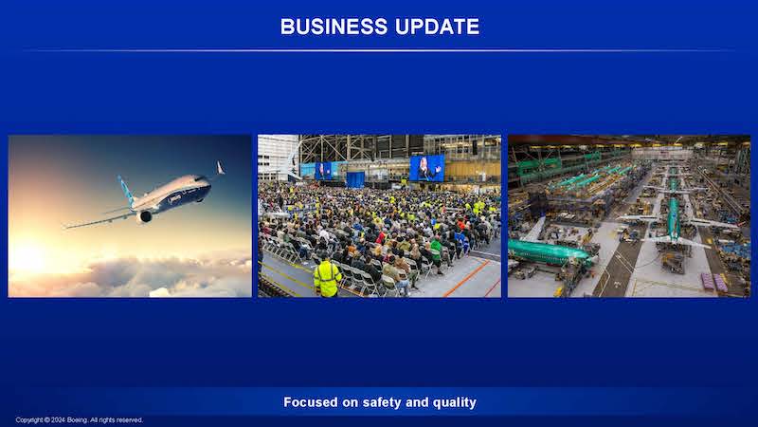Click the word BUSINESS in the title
(334, 27)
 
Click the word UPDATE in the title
(438, 27)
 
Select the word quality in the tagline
(455, 402)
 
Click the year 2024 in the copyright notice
(58, 419)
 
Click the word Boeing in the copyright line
(78, 419)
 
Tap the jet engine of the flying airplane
(145, 216)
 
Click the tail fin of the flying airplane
(126, 189)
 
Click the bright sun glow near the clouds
(30, 257)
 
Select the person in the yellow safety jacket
(327, 276)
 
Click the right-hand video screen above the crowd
(427, 168)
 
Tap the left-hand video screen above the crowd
(323, 171)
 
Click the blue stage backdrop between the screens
(355, 179)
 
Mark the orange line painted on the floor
(466, 278)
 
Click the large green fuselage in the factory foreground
(550, 252)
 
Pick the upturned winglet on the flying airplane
(220, 168)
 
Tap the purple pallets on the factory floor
(714, 282)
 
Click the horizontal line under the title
(379, 50)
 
